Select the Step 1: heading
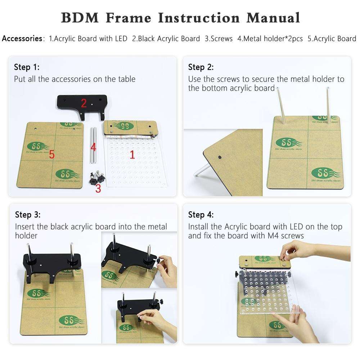pos(27,67)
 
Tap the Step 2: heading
pos(201,67)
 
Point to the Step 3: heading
pos(28,215)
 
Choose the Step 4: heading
pos(201,215)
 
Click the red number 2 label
pos(84,104)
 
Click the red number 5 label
pos(52,155)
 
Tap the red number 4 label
pos(93,147)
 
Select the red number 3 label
pos(98,188)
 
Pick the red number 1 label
pos(132,155)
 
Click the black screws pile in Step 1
pos(96,177)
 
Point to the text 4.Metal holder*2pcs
pos(270,39)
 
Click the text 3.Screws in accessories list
pos(219,39)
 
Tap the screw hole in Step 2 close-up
pos(220,157)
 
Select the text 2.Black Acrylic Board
pos(166,39)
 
